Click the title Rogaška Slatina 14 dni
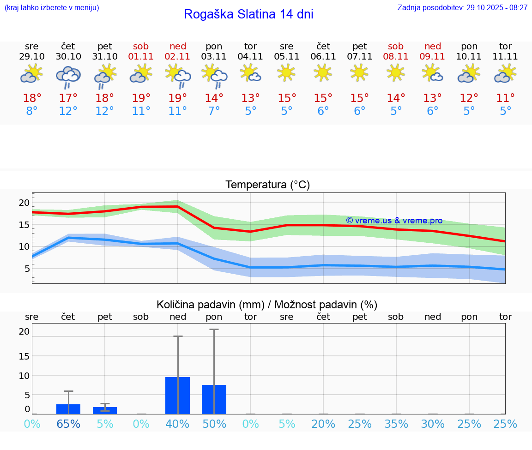pos(248,14)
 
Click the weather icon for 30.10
pos(68,77)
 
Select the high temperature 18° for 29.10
pos(32,98)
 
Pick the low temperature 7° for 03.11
pos(214,111)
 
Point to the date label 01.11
pos(141,56)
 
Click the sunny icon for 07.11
pos(359,73)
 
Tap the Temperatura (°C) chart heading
pos(267,185)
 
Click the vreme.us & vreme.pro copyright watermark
pos(394,221)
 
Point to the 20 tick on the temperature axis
pos(24,203)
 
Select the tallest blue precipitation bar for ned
pos(177,396)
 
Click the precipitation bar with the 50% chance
pos(214,399)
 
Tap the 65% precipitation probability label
pos(68,424)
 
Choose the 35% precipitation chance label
pos(396,424)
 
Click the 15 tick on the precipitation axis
pos(24,356)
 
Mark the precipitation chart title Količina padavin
pos(267,305)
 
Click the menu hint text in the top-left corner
pos(52,7)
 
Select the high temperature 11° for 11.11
pos(505,98)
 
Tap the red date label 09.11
pos(432,56)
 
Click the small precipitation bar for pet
pos(105,410)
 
